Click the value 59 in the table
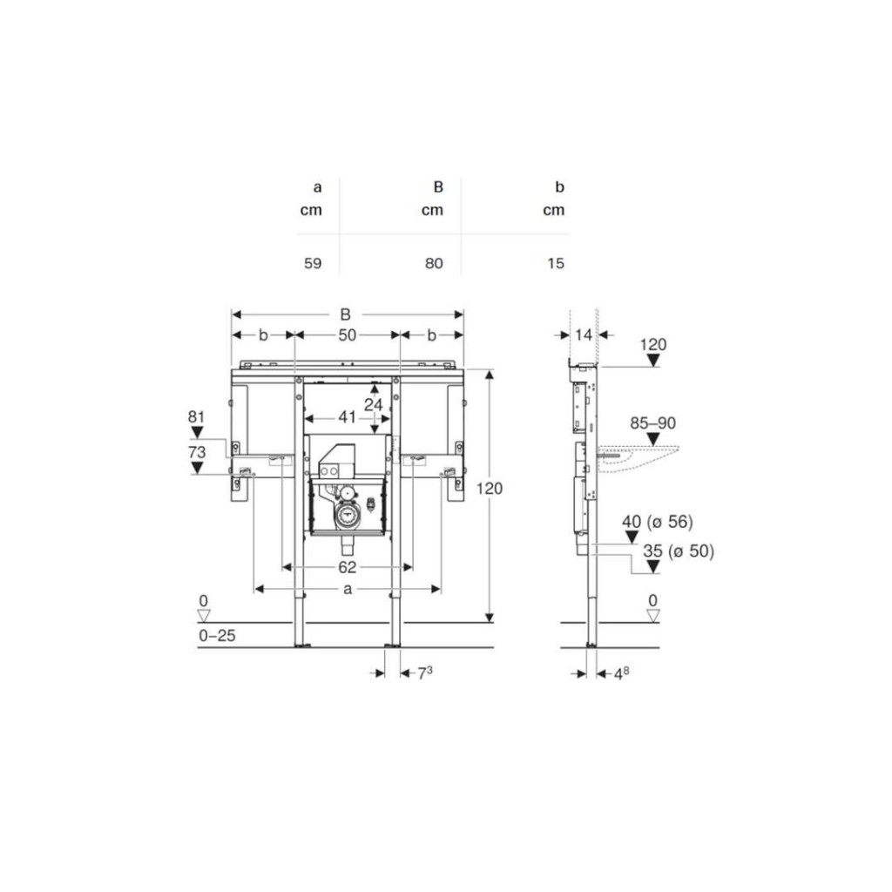[x=313, y=263]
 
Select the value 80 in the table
[x=434, y=263]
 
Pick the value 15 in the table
[x=556, y=263]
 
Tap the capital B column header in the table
[x=438, y=186]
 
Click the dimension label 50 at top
[x=347, y=335]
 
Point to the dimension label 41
[x=347, y=417]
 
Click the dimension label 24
[x=374, y=404]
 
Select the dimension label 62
[x=347, y=567]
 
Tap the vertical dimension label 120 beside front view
[x=490, y=488]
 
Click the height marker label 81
[x=196, y=417]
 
